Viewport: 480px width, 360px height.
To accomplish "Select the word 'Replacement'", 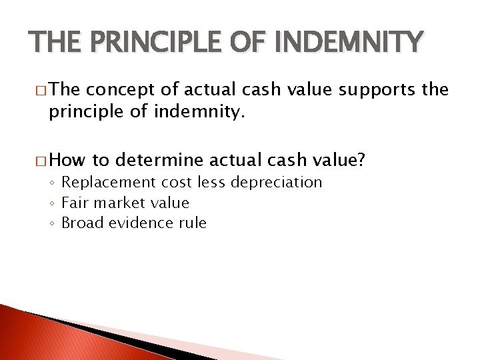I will (107, 183).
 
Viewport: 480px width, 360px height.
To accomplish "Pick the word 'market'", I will (117, 203).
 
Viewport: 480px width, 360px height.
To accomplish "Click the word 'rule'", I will (193, 223).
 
